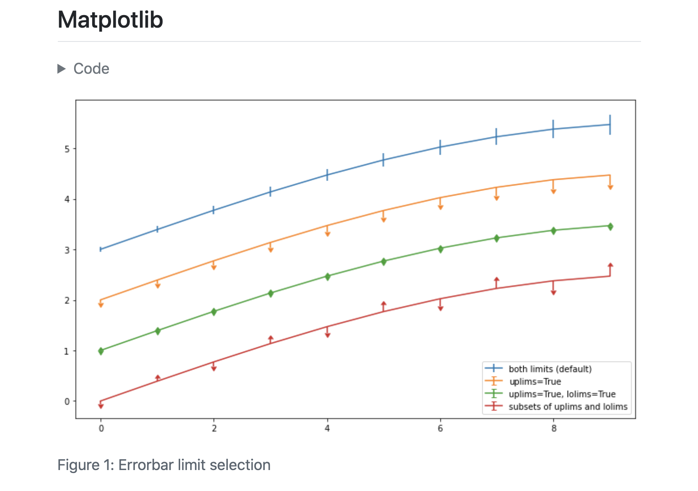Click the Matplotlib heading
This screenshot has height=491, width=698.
point(110,20)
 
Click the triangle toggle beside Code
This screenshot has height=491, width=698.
point(62,69)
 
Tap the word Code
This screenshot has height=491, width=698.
point(91,69)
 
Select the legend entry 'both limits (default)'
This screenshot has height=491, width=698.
point(550,369)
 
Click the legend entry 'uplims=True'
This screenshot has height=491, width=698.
point(535,382)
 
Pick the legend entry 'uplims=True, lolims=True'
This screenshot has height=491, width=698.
point(562,394)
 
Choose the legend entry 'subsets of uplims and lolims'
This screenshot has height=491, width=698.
point(568,407)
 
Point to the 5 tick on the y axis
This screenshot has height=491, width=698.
point(67,149)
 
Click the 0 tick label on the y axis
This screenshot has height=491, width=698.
point(67,401)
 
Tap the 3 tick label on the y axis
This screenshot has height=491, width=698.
point(67,250)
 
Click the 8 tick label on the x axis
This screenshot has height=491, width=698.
point(554,428)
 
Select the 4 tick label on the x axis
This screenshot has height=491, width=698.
point(327,428)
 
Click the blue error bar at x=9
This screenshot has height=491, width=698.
point(610,124)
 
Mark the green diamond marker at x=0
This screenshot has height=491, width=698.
point(101,351)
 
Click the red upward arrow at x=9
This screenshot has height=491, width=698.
point(610,266)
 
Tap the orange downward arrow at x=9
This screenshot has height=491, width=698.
point(610,187)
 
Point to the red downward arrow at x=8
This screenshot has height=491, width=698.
point(553,292)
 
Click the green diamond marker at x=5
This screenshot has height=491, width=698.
point(384,261)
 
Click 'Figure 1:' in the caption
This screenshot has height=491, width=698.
point(85,465)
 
